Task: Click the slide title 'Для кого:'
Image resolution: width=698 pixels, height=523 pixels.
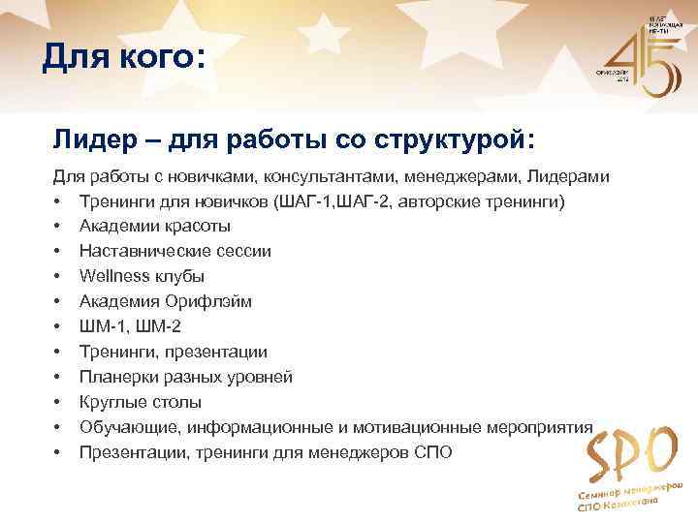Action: click(124, 58)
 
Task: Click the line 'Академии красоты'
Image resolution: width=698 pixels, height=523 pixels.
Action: click(154, 227)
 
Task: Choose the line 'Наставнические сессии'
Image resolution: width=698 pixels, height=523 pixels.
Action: click(174, 252)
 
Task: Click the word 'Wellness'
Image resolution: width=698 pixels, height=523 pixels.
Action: click(115, 277)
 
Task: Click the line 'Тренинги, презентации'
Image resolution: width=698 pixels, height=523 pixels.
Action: click(174, 353)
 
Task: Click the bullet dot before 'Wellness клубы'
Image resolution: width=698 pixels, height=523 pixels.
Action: click(58, 277)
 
